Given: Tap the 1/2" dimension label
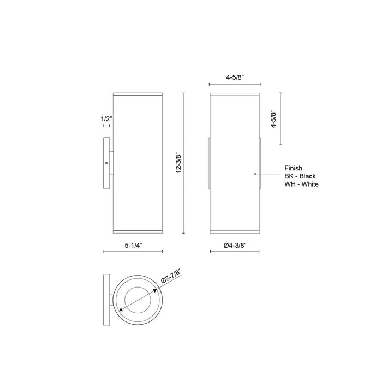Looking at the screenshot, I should pos(106,118).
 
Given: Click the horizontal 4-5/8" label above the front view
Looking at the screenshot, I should pos(235,77).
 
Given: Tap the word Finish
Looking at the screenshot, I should pos(293,169).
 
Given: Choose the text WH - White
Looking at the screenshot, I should pos(302,184).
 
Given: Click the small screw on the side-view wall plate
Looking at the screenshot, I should pos(107,163).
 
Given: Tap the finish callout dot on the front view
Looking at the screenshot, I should pos(256,173).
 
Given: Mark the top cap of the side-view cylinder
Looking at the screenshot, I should pos(136,94).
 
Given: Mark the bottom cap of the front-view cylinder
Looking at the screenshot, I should pos(235,231).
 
